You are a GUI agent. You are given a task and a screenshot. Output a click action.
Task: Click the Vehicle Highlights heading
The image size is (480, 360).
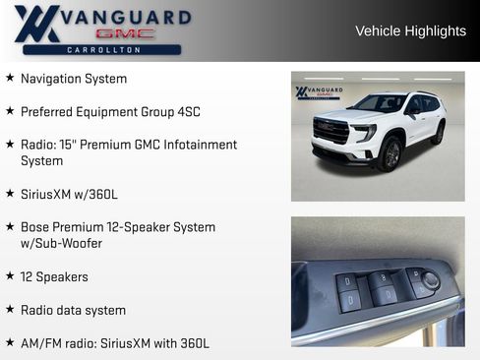(x=410, y=31)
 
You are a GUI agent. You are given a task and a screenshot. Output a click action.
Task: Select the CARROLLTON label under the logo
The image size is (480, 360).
(x=102, y=49)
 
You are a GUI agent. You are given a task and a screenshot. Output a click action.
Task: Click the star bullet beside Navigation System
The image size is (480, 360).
(x=10, y=78)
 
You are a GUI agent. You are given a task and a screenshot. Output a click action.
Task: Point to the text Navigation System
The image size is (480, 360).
(x=74, y=79)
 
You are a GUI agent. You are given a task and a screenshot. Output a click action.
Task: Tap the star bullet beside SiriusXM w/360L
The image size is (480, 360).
(x=10, y=194)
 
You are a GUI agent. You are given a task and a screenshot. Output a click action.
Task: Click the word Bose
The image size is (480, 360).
(x=35, y=227)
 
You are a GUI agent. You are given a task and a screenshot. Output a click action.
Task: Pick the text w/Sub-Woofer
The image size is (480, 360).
(x=61, y=243)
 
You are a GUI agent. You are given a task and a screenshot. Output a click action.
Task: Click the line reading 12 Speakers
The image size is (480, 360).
(x=54, y=277)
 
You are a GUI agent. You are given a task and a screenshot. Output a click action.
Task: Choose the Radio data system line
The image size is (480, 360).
(x=73, y=310)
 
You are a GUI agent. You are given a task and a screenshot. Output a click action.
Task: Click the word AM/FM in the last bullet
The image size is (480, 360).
(x=41, y=343)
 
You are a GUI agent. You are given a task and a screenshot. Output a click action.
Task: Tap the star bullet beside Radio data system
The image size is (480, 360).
(x=10, y=310)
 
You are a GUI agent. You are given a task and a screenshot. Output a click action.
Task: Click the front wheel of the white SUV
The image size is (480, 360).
(x=391, y=154)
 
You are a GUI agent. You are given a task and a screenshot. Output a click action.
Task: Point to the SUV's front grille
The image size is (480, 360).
(x=330, y=130)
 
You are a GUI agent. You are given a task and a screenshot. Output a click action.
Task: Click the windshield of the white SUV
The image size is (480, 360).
(x=380, y=102)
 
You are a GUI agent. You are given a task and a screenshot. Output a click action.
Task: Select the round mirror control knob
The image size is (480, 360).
(x=430, y=281)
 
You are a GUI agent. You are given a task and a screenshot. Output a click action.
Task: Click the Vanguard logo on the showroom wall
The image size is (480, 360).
(x=319, y=92)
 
